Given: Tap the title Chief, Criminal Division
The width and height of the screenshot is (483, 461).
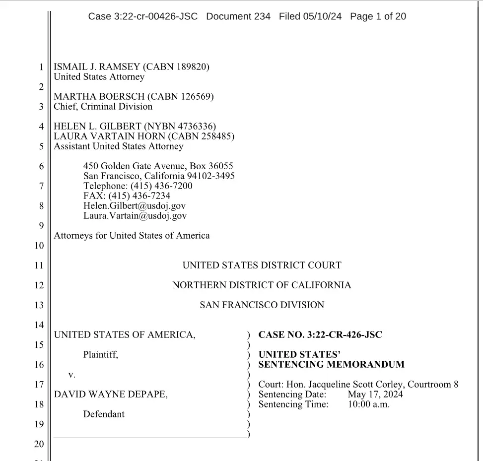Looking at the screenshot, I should coord(103,107).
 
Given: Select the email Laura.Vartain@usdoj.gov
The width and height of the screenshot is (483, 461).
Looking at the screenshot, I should coord(135,216).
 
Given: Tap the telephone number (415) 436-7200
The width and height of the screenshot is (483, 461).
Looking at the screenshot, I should coord(161,186).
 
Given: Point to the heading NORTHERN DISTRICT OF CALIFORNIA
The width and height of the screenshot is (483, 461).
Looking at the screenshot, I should coord(262,285).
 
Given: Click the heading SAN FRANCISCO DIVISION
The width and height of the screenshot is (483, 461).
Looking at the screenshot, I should coord(262,305).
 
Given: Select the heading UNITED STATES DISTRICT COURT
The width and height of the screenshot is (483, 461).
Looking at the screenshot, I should coord(262,265).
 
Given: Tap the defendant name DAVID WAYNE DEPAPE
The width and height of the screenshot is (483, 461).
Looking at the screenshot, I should coord(110,395).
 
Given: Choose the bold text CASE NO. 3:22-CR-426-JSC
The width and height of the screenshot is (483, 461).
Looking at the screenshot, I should coord(320,335).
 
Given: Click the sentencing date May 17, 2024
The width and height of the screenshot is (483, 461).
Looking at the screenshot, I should coord(375,395).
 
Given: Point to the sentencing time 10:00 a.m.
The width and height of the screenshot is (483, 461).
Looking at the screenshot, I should coord(368,404).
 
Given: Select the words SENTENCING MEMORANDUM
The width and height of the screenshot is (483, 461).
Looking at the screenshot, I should coord(331,365).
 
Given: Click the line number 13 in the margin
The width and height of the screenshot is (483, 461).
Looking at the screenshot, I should coord(39,305).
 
